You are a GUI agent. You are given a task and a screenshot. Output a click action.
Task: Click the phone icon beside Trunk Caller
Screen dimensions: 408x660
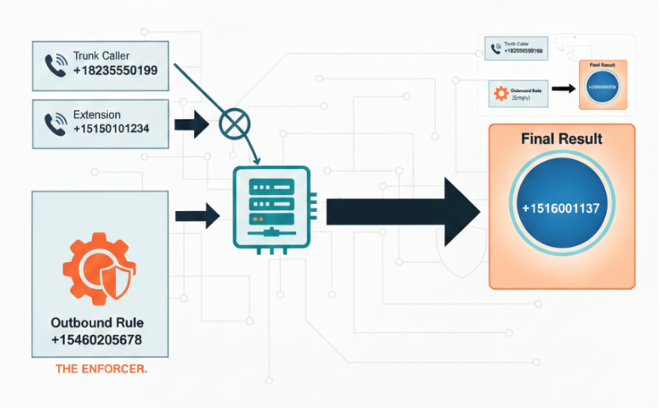point(55,66)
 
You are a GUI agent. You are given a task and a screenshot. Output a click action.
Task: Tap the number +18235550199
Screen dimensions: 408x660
point(115,71)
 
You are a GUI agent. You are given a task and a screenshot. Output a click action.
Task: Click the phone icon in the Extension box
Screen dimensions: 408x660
point(55,123)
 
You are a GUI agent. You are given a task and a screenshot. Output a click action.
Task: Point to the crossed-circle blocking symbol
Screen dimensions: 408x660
point(233,124)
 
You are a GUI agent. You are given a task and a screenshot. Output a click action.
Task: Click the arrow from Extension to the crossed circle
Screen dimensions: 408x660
point(190,125)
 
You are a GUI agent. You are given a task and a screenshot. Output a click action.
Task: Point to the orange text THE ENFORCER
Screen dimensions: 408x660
point(101,369)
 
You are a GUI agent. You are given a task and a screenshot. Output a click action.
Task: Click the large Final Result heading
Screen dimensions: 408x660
point(561,139)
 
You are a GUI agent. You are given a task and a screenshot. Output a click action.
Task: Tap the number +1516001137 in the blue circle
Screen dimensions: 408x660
point(561,208)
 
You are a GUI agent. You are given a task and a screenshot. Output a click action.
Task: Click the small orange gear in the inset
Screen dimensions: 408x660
point(501,92)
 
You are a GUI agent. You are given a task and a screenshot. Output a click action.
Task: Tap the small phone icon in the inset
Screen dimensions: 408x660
point(497,50)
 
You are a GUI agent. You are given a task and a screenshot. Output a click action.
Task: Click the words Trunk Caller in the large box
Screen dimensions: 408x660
point(101,56)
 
